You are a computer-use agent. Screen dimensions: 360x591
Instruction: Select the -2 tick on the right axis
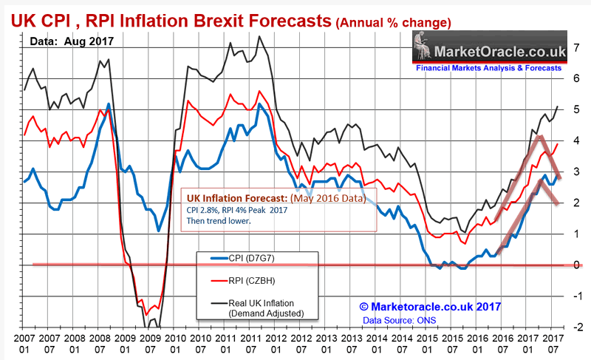(x=576, y=327)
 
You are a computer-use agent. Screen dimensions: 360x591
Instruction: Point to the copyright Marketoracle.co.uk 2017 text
(x=431, y=306)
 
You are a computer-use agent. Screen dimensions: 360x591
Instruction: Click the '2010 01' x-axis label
(x=175, y=342)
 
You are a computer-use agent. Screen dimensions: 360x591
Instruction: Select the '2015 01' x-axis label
(x=426, y=342)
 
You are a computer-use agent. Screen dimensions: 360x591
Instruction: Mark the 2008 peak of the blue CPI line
(x=109, y=104)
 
